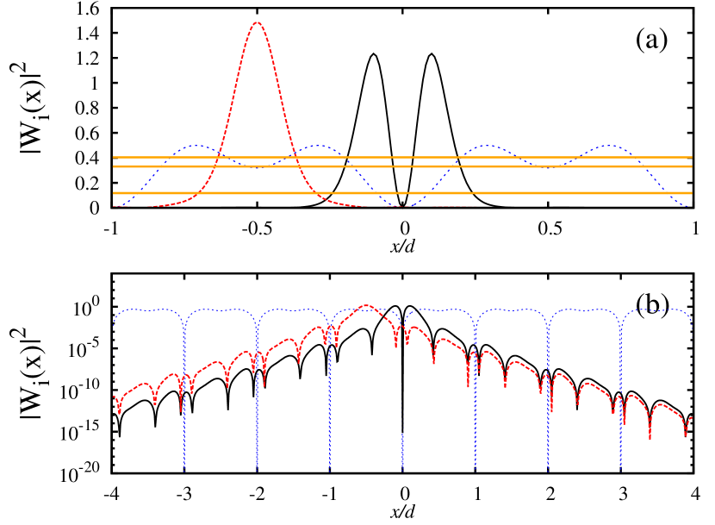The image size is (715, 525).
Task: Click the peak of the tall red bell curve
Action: pyautogui.click(x=257, y=22)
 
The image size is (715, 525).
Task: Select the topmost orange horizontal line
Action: pyautogui.click(x=402, y=158)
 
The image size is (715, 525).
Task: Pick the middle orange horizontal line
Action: pyautogui.click(x=402, y=166)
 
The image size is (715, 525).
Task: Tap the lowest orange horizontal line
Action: pyautogui.click(x=402, y=193)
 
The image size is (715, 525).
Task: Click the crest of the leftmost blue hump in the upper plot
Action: pyautogui.click(x=197, y=146)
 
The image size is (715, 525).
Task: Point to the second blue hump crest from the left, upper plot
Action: pyautogui.click(x=318, y=146)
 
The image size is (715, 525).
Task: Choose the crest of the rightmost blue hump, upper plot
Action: pyautogui.click(x=609, y=146)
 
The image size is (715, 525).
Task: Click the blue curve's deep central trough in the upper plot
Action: pyautogui.click(x=402, y=206)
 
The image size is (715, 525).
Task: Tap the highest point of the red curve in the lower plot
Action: pyautogui.click(x=366, y=305)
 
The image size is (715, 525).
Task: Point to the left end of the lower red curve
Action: pyautogui.click(x=114, y=397)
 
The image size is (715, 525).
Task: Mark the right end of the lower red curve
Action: pyautogui.click(x=692, y=417)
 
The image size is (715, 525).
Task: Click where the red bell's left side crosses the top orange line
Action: pyautogui.click(x=219, y=158)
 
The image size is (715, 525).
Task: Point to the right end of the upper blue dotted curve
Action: pyautogui.click(x=688, y=206)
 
